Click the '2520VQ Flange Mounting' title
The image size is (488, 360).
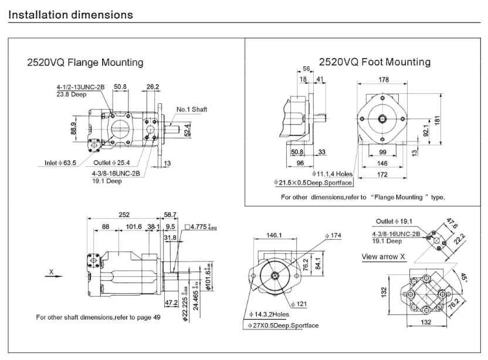(x=86, y=62)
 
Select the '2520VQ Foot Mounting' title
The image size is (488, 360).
(x=374, y=62)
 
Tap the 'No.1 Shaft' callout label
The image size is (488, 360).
(x=192, y=110)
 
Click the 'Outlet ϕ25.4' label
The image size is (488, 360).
(x=113, y=162)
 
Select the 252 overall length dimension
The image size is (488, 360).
(x=124, y=215)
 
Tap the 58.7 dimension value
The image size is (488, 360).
(x=171, y=215)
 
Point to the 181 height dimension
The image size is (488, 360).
(x=453, y=120)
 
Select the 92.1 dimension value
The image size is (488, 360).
(x=426, y=130)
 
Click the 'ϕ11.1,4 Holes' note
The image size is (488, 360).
(x=333, y=174)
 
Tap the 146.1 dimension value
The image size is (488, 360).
(x=274, y=235)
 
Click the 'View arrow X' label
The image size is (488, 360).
(x=384, y=256)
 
